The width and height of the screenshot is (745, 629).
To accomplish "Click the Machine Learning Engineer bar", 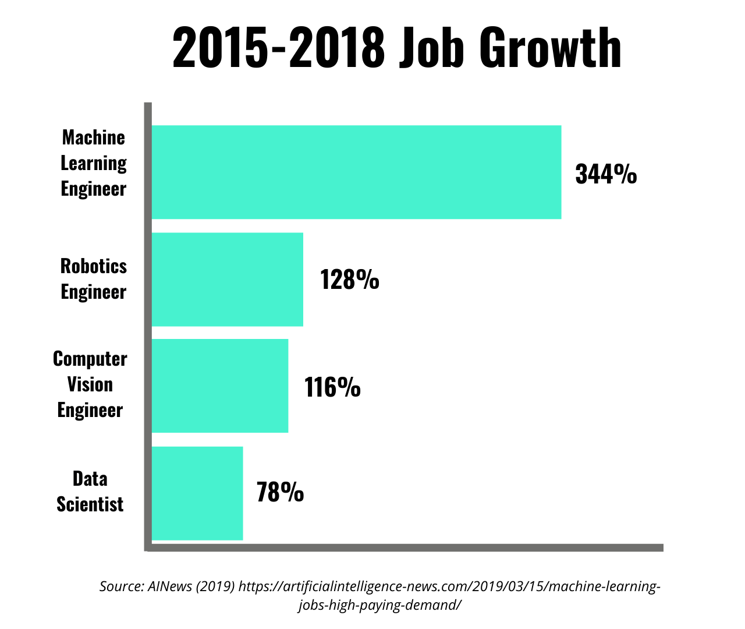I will pyautogui.click(x=356, y=172).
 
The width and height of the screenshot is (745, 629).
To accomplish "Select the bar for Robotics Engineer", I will pyautogui.click(x=228, y=280).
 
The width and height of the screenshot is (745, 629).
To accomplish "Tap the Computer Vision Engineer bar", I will pyautogui.click(x=220, y=386).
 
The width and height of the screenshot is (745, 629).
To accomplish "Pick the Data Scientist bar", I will pyautogui.click(x=197, y=493).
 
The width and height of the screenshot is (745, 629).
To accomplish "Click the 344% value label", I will pyautogui.click(x=606, y=174).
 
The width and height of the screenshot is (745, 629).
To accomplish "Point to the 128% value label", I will pyautogui.click(x=350, y=280).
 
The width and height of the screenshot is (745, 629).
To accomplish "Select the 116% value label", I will pyautogui.click(x=332, y=387).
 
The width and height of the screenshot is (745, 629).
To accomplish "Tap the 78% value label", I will pyautogui.click(x=280, y=493).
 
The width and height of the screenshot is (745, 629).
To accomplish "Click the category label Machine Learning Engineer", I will pyautogui.click(x=94, y=163).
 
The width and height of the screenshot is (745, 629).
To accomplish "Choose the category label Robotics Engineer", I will pyautogui.click(x=94, y=279).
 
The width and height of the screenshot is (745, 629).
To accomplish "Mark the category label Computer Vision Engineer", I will pyautogui.click(x=90, y=384).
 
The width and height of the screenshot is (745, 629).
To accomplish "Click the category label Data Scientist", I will pyautogui.click(x=90, y=492).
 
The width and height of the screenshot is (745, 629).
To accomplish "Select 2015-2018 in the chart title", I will pyautogui.click(x=279, y=48).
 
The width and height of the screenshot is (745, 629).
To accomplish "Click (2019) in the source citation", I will pyautogui.click(x=215, y=586).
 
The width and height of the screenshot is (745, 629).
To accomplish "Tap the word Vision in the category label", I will pyautogui.click(x=90, y=384).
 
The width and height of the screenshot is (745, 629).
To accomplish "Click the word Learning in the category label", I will pyautogui.click(x=94, y=164).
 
